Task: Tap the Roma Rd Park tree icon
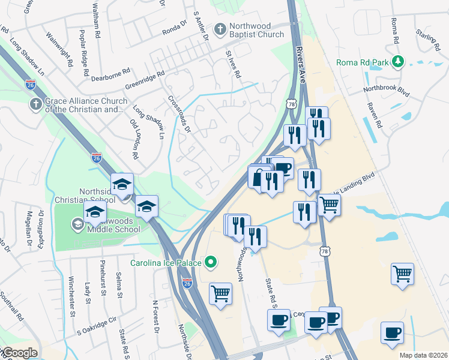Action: pos(397,62)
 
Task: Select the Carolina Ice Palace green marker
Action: pos(210,262)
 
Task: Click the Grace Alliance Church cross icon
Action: pos(35,104)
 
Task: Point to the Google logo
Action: pos(20,353)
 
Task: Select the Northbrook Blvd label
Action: pos(386,90)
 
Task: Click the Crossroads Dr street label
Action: pos(179,114)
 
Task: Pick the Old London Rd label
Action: pos(134,139)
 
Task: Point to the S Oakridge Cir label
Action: pos(96,325)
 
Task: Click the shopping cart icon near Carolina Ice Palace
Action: pos(220,294)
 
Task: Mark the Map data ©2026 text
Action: pos(423,355)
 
